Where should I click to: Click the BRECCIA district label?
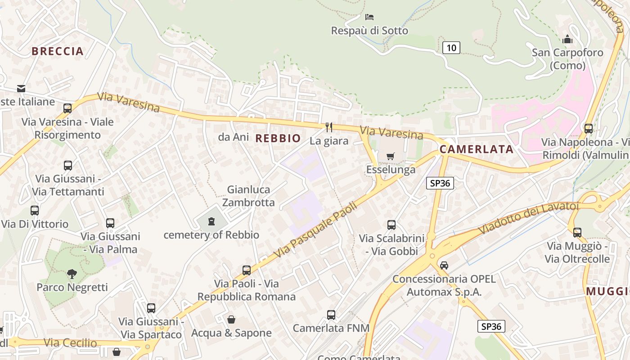[x=58, y=51]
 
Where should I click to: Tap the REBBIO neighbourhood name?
[x=278, y=138]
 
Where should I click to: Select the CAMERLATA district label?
[x=477, y=149]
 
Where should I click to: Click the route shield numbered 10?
[x=451, y=47]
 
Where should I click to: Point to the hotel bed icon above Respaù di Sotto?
[x=369, y=17]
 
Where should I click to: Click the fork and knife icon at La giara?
[x=329, y=127]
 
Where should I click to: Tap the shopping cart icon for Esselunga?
[x=390, y=156]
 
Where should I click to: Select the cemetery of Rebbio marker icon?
[x=211, y=221]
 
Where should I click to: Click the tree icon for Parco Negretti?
[x=72, y=274]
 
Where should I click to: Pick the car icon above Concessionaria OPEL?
[x=444, y=265]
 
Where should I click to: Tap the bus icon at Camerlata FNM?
[x=331, y=315]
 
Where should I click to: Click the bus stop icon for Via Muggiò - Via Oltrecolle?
[x=577, y=233]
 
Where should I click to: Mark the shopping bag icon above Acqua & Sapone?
[x=231, y=319]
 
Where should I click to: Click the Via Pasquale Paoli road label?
[x=315, y=230]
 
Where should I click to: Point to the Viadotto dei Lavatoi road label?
[x=528, y=218]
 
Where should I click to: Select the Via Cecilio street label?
[x=70, y=343]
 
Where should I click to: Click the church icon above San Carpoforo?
[x=567, y=39]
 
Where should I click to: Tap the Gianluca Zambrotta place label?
[x=248, y=196]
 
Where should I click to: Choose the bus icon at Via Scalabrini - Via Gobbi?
[x=391, y=225]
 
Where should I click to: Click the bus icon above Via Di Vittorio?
[x=35, y=210]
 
